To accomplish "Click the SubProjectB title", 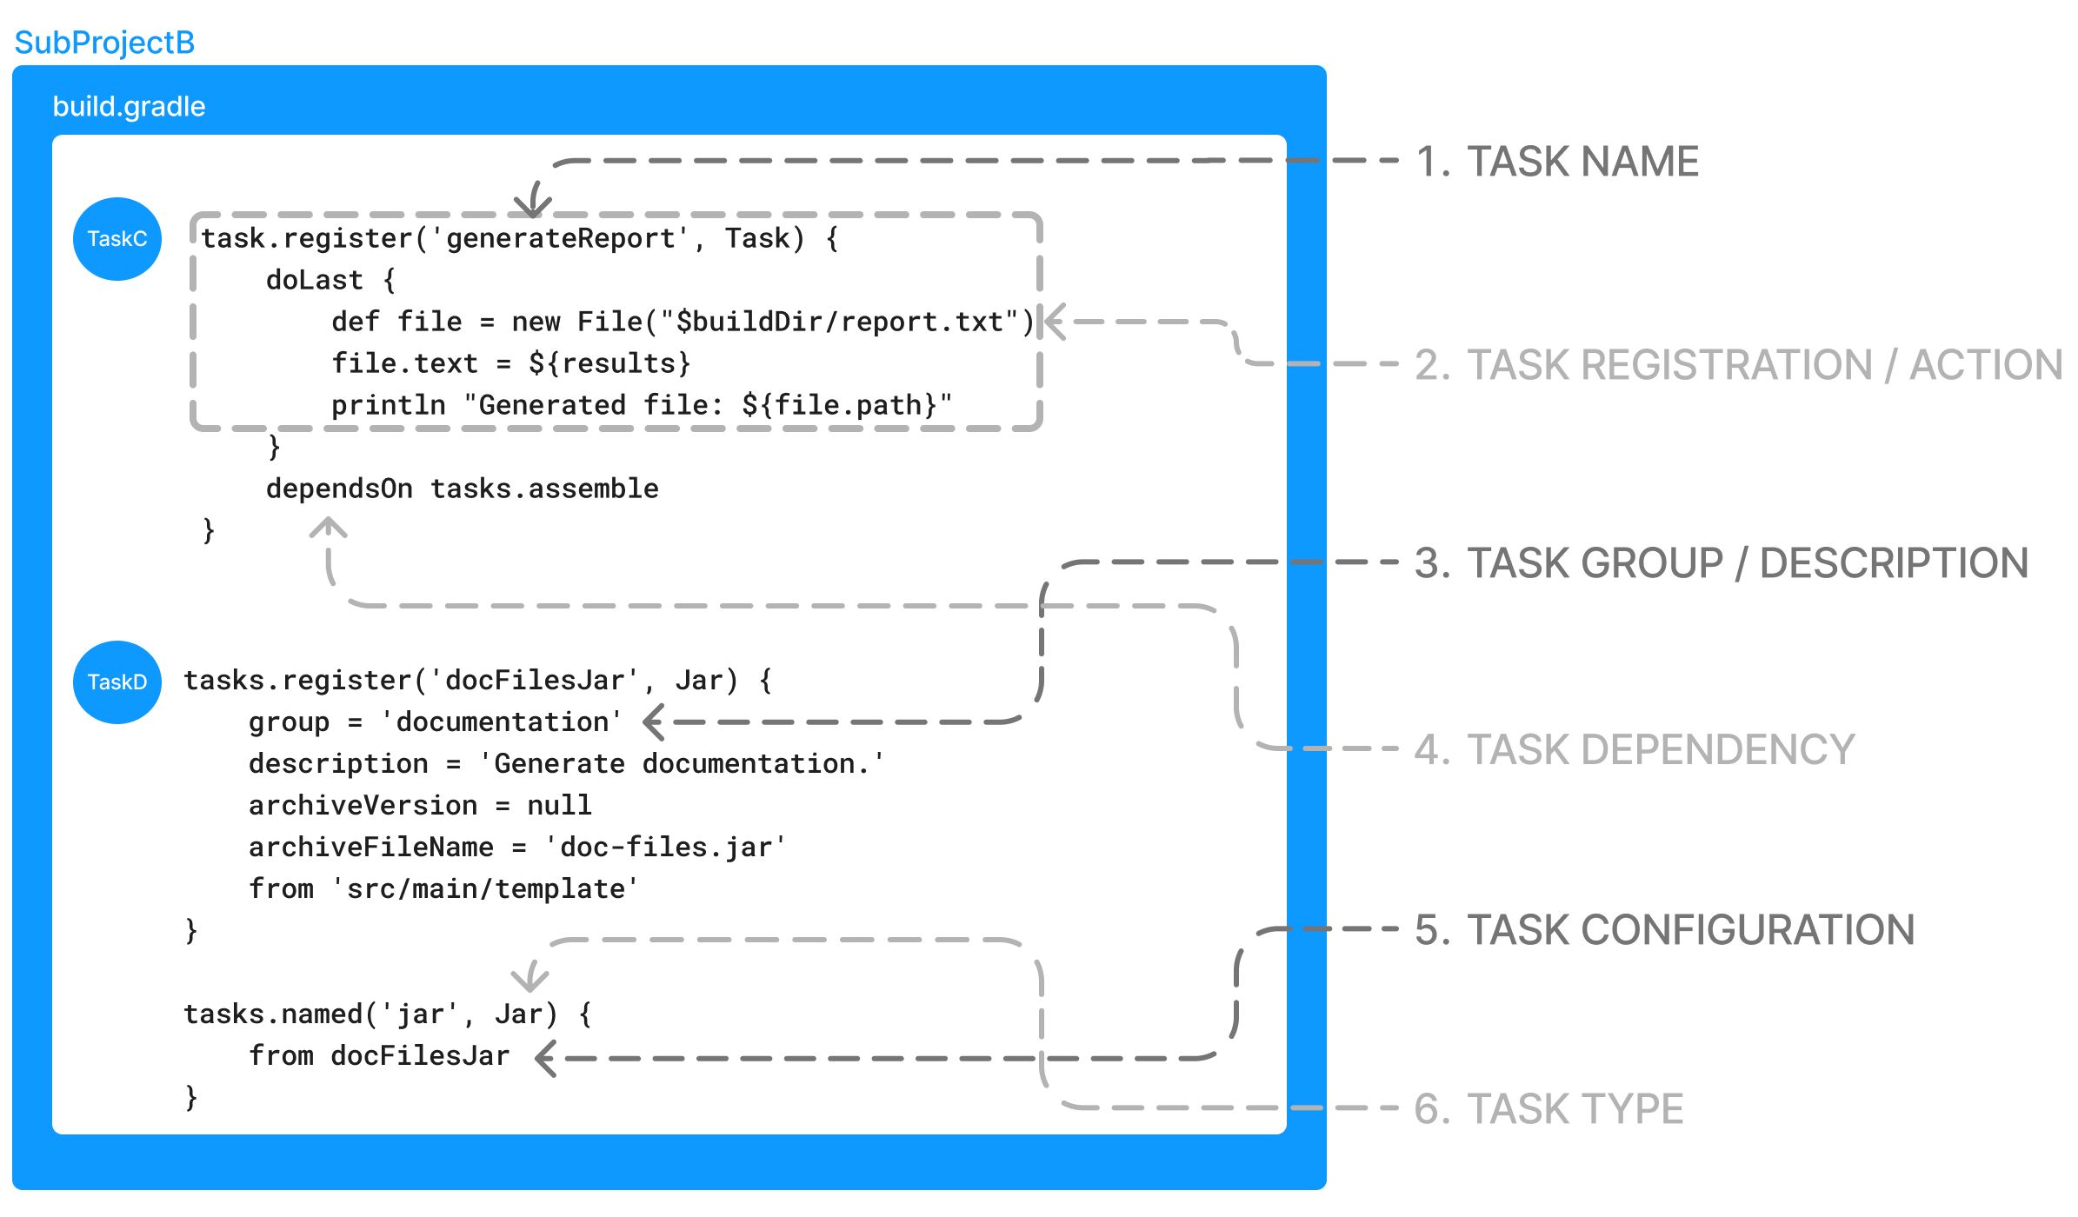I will [x=104, y=43].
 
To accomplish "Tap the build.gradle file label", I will [x=129, y=106].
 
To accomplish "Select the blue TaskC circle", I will [x=117, y=239].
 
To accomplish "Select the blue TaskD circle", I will [x=117, y=682].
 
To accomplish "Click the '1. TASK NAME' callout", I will [x=1556, y=162].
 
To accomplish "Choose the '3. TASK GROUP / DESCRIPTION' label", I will [x=1721, y=563].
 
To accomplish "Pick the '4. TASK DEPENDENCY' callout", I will [x=1634, y=749].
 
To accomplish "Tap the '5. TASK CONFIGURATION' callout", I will [x=1664, y=930].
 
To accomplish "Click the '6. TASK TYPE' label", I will [x=1549, y=1109].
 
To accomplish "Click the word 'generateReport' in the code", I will [x=561, y=238].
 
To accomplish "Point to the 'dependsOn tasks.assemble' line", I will [x=462, y=489].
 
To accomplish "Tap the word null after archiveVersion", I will [x=559, y=805].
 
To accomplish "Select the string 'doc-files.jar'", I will [x=665, y=847].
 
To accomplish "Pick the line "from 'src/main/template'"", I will [x=443, y=888].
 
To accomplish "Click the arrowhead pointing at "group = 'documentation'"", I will [x=654, y=722].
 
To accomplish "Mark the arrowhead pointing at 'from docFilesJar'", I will [x=546, y=1059].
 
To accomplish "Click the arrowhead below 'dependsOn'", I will [x=329, y=527].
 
